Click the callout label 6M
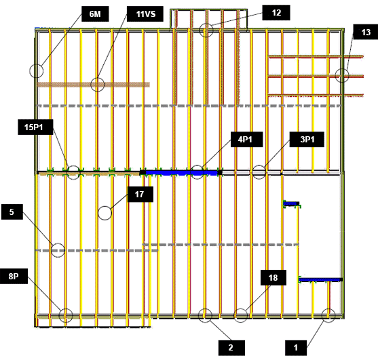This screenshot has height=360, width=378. coord(95,14)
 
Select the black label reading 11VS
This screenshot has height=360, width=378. coord(145,14)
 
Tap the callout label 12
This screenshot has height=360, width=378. coord(276,12)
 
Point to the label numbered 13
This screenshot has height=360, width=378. coord(366,32)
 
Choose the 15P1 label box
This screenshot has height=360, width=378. coord(35,127)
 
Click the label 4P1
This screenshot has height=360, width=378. coord(246,139)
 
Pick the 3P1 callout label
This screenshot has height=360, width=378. coord(307,139)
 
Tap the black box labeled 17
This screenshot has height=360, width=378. coord(140,194)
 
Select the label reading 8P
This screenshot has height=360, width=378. coord(14,276)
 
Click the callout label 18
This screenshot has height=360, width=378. coord(273,278)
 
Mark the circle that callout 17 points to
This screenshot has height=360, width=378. coord(105,213)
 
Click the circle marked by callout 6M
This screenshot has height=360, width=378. coord(37,71)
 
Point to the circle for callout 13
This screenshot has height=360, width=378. coord(342,75)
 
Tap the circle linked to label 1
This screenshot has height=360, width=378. coord(328,315)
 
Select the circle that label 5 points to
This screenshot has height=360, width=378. coord(58,250)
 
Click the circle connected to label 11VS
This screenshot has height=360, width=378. coord(98,84)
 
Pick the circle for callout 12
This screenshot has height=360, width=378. coord(206,30)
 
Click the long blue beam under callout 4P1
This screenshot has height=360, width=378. coord(181,173)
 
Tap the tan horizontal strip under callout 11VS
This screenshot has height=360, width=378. coord(93,85)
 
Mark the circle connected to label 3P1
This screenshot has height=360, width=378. coord(259,172)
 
